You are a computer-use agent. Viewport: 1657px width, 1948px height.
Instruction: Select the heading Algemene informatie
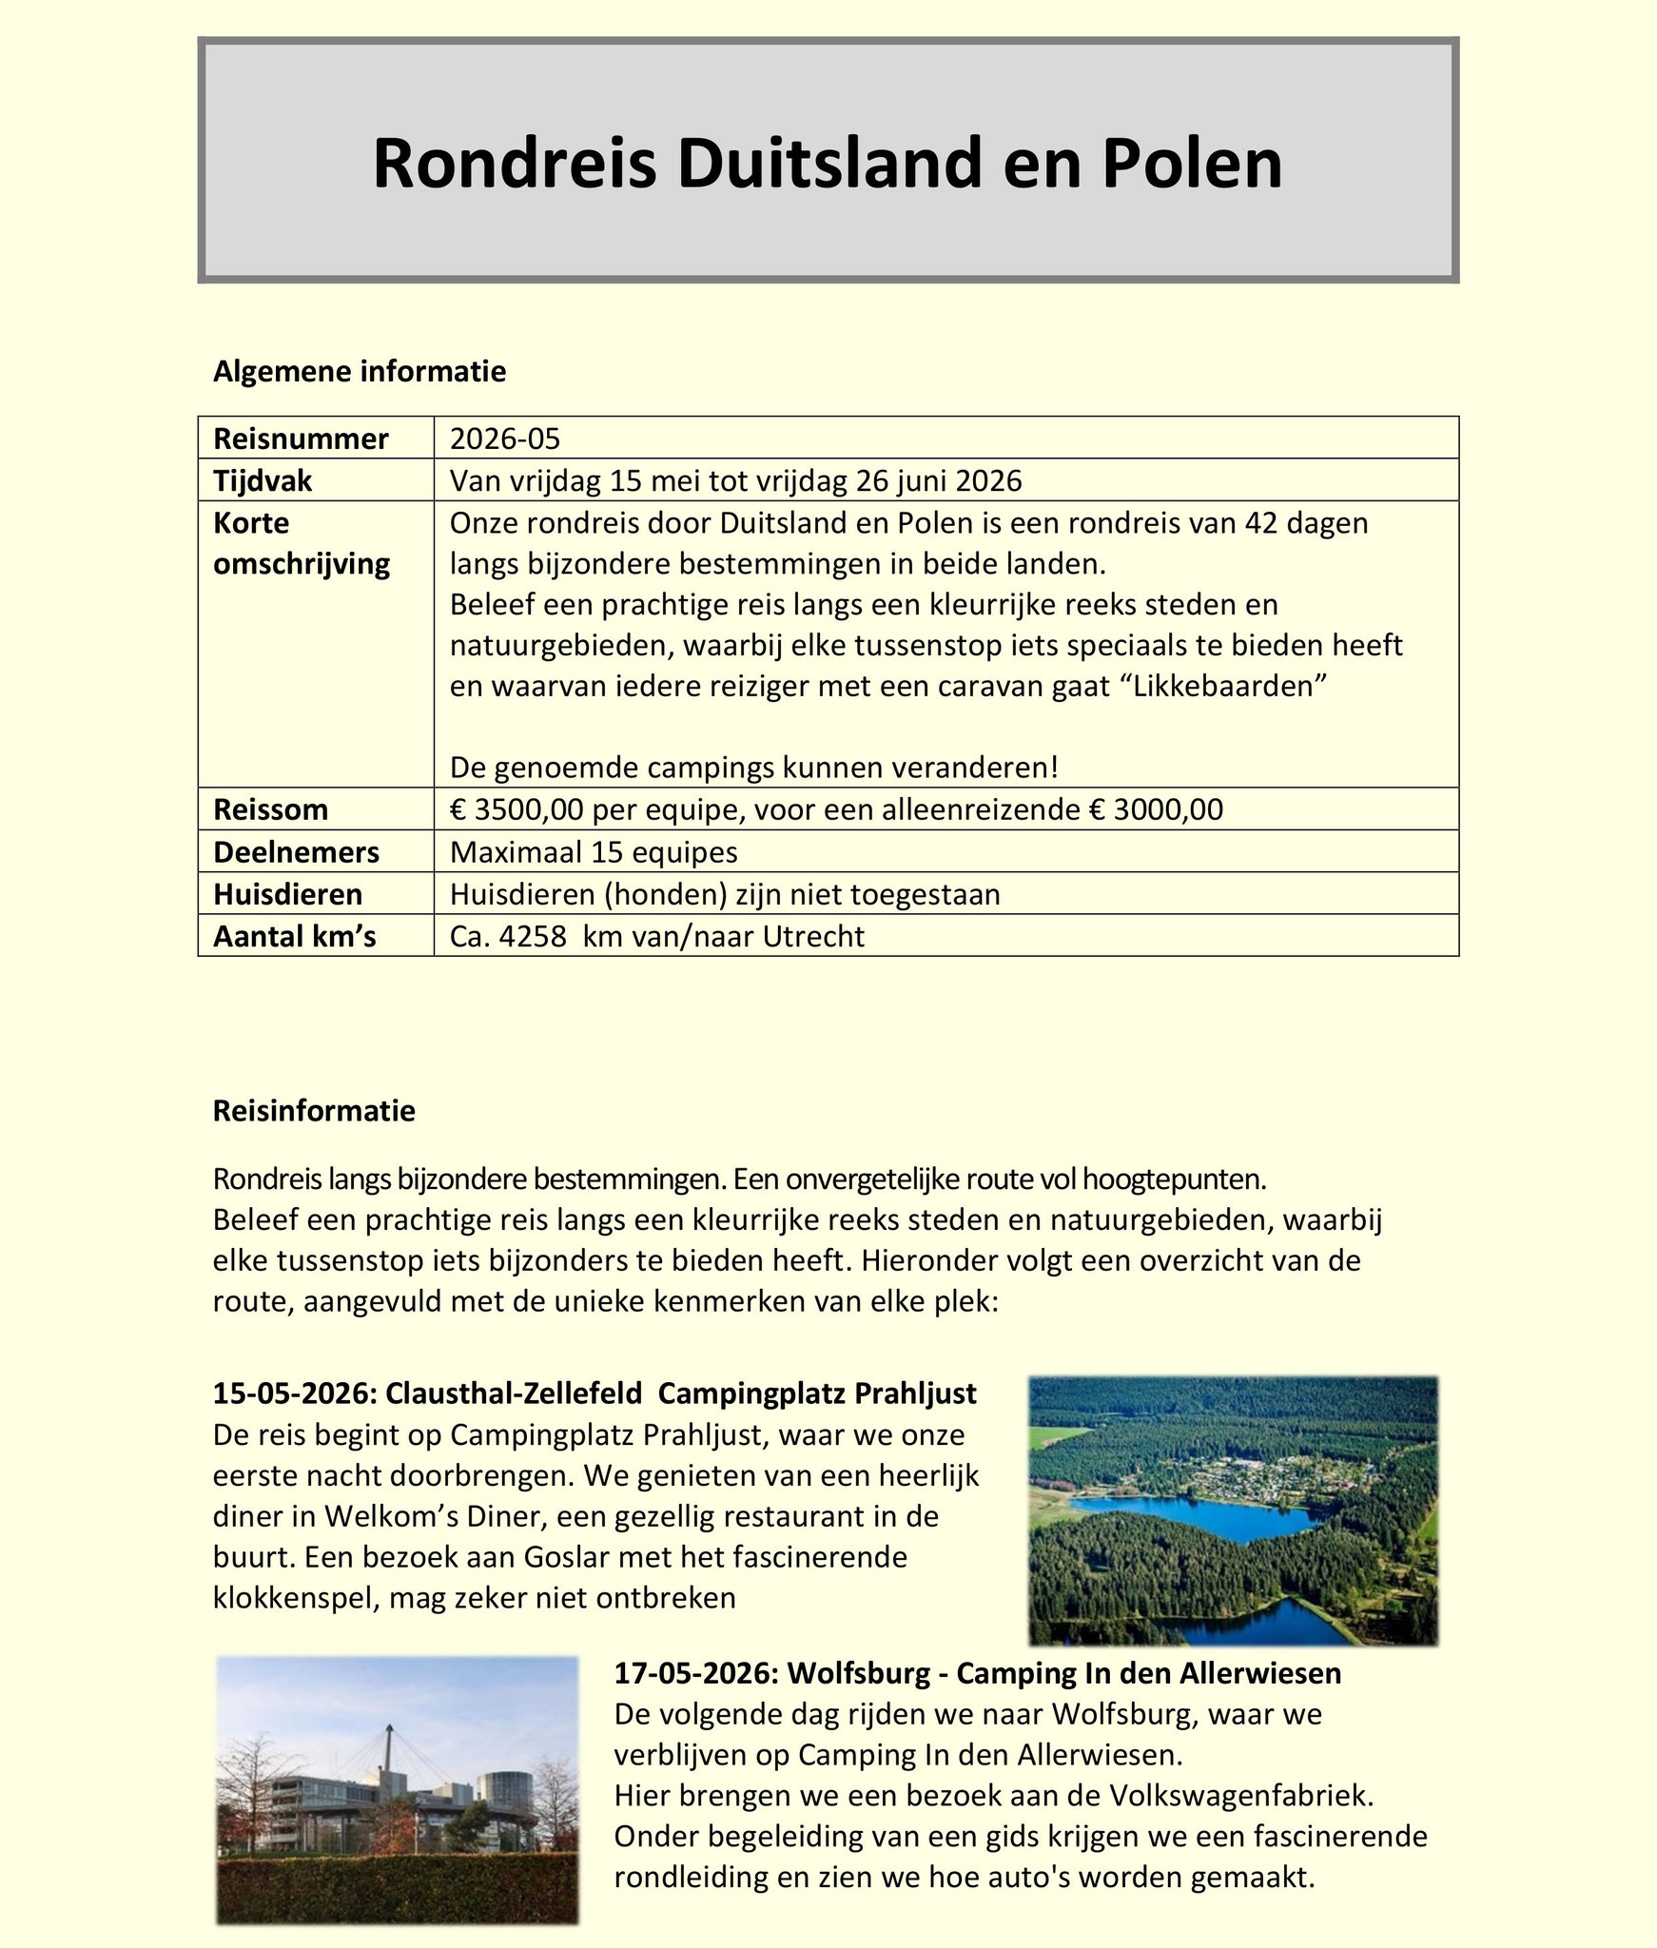[x=360, y=371]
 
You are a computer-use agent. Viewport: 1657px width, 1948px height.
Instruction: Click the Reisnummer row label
[x=301, y=438]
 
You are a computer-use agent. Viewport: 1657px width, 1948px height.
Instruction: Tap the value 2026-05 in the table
[x=505, y=438]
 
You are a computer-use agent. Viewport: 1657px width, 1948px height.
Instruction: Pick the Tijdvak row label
[x=263, y=480]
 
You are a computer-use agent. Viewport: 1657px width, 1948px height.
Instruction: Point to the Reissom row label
[x=270, y=809]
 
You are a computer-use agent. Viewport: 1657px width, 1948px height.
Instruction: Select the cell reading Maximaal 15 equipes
[x=594, y=851]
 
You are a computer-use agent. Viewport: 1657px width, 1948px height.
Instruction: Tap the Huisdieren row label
[x=287, y=894]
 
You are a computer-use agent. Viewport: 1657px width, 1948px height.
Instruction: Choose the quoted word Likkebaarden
[x=1219, y=687]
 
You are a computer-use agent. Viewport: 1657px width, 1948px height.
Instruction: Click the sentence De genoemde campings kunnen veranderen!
[x=753, y=767]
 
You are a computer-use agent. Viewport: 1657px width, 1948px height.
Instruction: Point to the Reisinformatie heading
[x=314, y=1111]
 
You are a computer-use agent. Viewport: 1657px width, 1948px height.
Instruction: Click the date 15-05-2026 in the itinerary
[x=291, y=1393]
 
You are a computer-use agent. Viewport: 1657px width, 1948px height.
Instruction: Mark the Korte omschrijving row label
[x=301, y=543]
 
